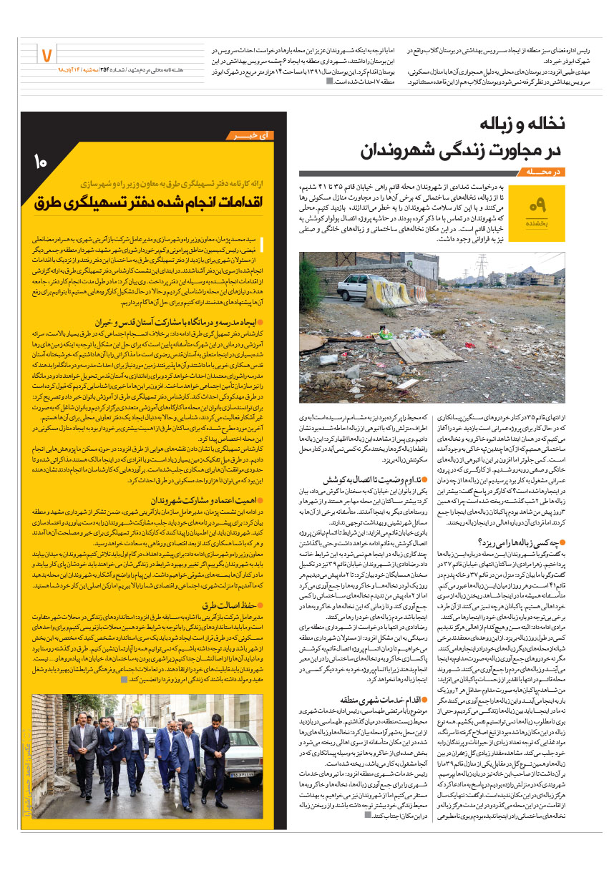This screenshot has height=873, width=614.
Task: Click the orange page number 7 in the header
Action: [48, 54]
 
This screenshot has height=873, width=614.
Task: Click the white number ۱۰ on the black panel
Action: [40, 162]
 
